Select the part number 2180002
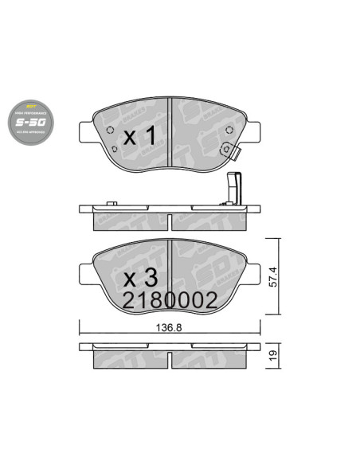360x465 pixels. [x=170, y=300]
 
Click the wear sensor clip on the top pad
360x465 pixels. [x=230, y=149]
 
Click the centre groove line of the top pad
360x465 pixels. [x=173, y=131]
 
